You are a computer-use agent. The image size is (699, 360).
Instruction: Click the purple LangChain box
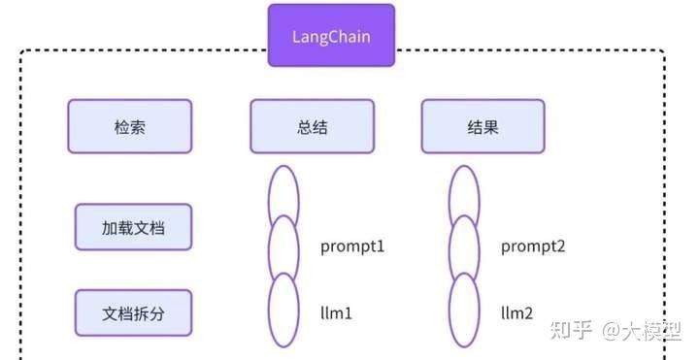coord(331,36)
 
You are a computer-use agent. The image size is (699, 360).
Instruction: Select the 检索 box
coord(129,126)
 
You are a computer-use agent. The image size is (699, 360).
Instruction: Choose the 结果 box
coord(483,126)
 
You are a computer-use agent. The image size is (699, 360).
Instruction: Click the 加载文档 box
coord(133,228)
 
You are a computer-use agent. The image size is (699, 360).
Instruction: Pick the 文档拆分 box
coord(133,312)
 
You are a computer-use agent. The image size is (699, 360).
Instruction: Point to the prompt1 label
coord(352,246)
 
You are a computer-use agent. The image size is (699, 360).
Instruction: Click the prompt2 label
coord(533,246)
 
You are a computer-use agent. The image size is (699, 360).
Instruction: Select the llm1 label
coord(337,313)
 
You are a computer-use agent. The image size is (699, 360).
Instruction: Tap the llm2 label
coord(517,313)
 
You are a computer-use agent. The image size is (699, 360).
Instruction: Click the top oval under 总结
coord(283,193)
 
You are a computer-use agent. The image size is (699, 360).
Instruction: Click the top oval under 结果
coord(464,193)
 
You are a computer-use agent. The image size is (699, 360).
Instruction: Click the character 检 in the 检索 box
coord(120,126)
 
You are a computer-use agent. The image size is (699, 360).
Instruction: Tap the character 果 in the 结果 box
coord(491,126)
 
